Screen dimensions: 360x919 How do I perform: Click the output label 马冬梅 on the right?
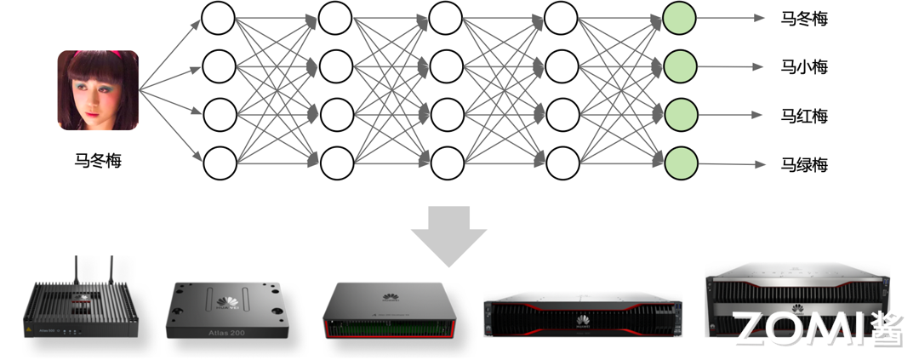pos(804,18)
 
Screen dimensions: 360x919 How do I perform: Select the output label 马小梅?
pos(804,66)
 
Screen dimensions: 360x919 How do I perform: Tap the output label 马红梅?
pos(804,116)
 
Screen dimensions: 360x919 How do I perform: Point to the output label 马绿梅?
pos(804,164)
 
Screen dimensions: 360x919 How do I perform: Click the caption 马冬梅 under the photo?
pos(98,159)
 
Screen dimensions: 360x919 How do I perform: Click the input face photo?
pos(98,90)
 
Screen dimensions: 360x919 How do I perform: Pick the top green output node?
pos(680,18)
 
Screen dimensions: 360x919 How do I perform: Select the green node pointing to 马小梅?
pos(680,66)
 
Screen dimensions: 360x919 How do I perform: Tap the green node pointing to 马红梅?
pos(680,114)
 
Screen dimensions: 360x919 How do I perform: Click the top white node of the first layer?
pos(219,18)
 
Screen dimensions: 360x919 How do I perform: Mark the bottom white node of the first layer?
pos(219,162)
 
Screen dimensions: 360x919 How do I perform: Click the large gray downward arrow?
pos(448,235)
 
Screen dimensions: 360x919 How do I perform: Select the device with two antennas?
pos(82,310)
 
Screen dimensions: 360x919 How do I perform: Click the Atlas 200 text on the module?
pos(225,332)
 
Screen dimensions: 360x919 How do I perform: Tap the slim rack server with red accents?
pos(583,319)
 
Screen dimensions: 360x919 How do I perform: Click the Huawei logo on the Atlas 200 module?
pos(226,300)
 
